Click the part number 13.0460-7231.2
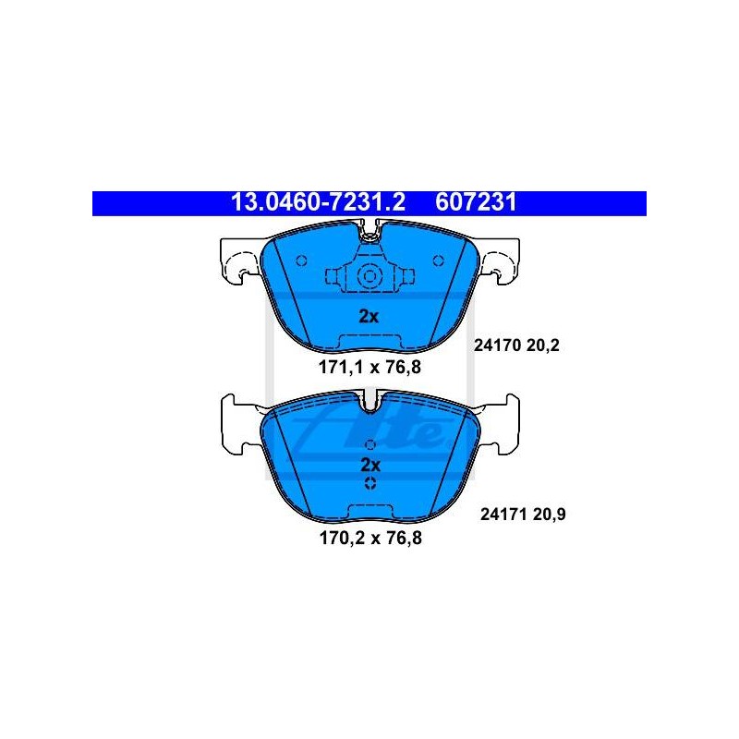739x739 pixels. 318,202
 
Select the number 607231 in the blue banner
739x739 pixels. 476,202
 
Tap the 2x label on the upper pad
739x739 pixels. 369,317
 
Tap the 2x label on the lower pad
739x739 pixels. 370,466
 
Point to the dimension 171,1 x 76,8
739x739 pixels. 370,367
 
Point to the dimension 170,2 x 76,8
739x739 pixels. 370,538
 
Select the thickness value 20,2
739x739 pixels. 542,345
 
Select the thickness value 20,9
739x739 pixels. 549,515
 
